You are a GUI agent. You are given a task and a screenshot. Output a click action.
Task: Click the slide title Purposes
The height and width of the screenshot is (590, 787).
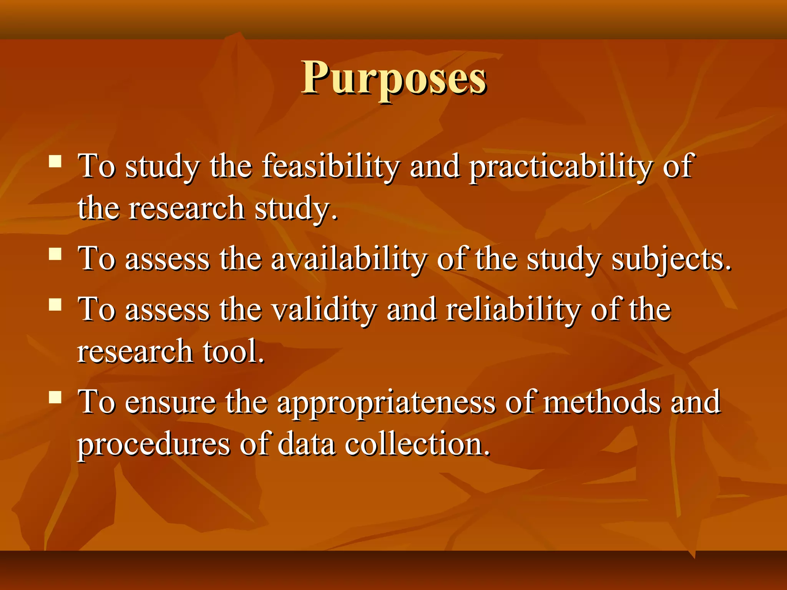[393, 79]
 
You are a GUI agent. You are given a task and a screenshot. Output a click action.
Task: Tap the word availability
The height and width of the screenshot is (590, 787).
[349, 260]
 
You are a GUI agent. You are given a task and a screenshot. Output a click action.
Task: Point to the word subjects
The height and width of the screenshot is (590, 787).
[671, 260]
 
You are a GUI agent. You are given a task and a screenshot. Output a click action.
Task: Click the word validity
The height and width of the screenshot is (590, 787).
[324, 310]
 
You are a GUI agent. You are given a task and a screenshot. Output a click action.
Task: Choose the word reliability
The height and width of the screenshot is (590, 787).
[513, 310]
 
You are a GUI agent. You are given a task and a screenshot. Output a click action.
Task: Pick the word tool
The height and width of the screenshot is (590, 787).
[234, 351]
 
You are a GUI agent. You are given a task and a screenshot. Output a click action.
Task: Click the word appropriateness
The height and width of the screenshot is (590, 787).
[386, 403]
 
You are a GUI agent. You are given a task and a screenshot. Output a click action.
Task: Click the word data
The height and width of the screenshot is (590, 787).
[306, 444]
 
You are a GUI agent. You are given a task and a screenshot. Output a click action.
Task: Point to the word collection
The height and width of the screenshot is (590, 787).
[417, 444]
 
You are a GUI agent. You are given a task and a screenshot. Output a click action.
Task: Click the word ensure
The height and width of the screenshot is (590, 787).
[170, 403]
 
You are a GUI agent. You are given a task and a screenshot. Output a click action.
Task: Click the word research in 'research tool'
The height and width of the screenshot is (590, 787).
[135, 351]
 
